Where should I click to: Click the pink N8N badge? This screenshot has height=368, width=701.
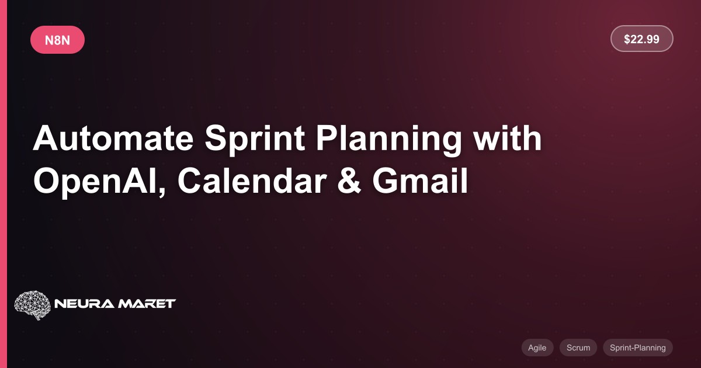[58, 40]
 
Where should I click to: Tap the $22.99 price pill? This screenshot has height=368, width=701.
[641, 39]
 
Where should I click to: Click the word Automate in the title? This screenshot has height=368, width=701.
[113, 138]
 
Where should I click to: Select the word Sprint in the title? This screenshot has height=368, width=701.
[255, 138]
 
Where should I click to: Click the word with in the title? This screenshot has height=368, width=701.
[507, 138]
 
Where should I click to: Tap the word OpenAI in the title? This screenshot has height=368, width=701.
[95, 181]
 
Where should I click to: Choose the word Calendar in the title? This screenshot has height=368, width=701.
[252, 181]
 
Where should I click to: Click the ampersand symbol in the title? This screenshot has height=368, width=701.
[349, 181]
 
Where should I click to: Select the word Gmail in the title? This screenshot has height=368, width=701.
[420, 181]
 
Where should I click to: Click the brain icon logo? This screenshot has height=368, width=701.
[33, 305]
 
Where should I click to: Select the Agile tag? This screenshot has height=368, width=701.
[537, 348]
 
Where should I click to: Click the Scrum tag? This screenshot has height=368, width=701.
[578, 348]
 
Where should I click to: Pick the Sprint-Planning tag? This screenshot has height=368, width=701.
[638, 348]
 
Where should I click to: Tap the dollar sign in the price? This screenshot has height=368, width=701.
[627, 39]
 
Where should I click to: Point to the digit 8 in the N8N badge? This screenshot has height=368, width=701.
[57, 40]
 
